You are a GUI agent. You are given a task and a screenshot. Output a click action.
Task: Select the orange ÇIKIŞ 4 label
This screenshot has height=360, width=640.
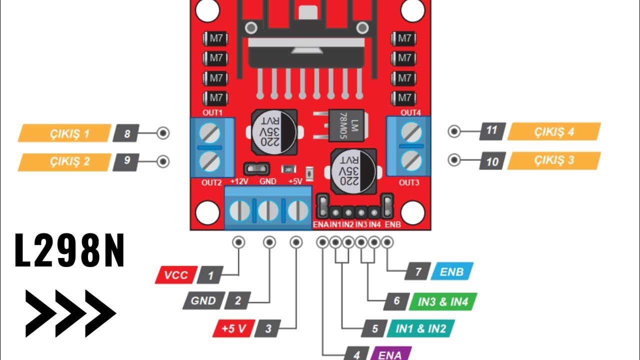coord(553,132)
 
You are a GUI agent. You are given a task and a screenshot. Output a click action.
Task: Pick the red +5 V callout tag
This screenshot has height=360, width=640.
coord(232,328)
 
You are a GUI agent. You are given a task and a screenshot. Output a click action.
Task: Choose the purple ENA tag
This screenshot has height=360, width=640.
coord(390,354)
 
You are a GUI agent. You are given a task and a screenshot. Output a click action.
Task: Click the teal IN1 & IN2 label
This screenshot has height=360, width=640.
coord(420,328)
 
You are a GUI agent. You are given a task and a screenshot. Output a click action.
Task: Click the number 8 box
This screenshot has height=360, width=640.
coord(126,133)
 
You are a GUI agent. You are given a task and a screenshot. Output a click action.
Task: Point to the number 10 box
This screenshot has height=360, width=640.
coord(492,161)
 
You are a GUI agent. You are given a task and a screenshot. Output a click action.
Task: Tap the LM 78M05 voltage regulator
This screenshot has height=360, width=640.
coord(345,124)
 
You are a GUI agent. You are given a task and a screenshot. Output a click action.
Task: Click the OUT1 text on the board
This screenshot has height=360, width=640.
coord(212,112)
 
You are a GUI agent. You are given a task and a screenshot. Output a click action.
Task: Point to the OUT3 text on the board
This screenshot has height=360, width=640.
coord(409,182)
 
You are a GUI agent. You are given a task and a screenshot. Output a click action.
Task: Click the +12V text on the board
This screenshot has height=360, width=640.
coord(239,181)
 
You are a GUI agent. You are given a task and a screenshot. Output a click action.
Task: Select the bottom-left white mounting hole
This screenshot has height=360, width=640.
coord(207,213)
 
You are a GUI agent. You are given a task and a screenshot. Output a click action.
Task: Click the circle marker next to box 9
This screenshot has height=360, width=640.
coord(163,161)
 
